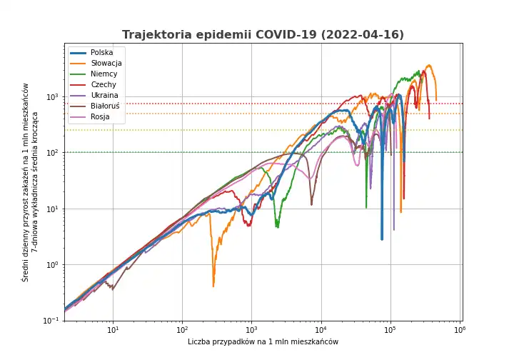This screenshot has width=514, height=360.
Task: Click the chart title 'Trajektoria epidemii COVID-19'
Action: pyautogui.click(x=263, y=35)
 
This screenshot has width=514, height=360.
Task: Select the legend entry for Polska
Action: pyautogui.click(x=101, y=53)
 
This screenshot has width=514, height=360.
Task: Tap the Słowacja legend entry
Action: pyautogui.click(x=106, y=64)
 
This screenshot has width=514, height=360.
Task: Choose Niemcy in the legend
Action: pyautogui.click(x=104, y=74)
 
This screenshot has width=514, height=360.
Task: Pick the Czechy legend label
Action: pyautogui.click(x=104, y=85)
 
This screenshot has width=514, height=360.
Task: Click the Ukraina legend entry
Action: pyautogui.click(x=104, y=96)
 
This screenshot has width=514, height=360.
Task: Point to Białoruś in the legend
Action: pyautogui.click(x=106, y=106)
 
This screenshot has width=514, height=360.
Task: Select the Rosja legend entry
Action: pyautogui.click(x=100, y=117)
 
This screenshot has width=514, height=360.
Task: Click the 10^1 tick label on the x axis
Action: pyautogui.click(x=113, y=331)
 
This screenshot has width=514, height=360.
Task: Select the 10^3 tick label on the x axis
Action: pyautogui.click(x=251, y=331)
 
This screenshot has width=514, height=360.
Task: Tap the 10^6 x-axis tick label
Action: pyautogui.click(x=459, y=331)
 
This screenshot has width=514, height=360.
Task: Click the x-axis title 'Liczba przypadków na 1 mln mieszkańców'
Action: pyautogui.click(x=263, y=342)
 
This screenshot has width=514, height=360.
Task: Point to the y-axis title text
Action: pyautogui.click(x=30, y=182)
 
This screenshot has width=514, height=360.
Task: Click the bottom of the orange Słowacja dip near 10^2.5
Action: pyautogui.click(x=213, y=286)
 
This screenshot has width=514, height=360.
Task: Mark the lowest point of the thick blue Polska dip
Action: pyautogui.click(x=382, y=239)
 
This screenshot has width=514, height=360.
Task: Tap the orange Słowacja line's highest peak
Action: pyautogui.click(x=429, y=66)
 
